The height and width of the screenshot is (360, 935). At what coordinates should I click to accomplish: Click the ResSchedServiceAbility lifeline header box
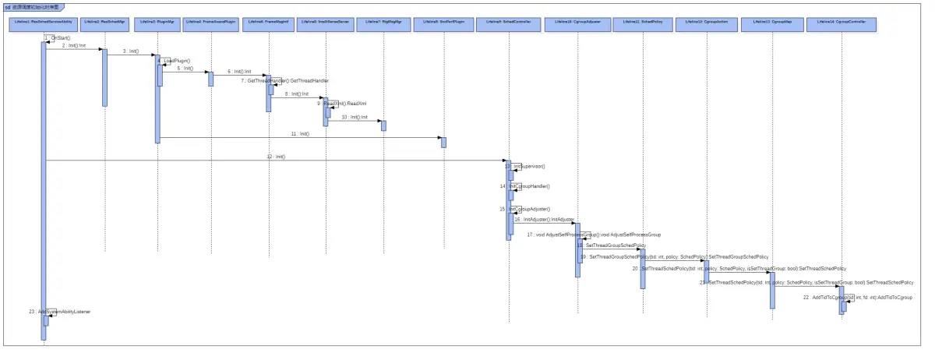click(x=44, y=23)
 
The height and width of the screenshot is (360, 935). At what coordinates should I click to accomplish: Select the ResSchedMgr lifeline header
click(x=104, y=23)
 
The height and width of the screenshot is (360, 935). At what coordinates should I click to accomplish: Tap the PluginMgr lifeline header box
click(x=158, y=23)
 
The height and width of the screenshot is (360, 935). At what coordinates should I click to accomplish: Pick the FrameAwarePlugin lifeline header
click(x=210, y=23)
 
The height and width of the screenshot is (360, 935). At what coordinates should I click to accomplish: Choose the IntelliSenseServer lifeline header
click(x=326, y=23)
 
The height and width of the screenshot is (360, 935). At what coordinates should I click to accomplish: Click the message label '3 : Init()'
click(x=130, y=51)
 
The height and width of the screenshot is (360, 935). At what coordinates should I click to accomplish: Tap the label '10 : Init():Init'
click(x=354, y=117)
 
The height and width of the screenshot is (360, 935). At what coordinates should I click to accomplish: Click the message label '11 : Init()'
click(x=300, y=134)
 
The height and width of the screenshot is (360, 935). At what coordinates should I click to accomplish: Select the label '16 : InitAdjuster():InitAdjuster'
click(x=543, y=220)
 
